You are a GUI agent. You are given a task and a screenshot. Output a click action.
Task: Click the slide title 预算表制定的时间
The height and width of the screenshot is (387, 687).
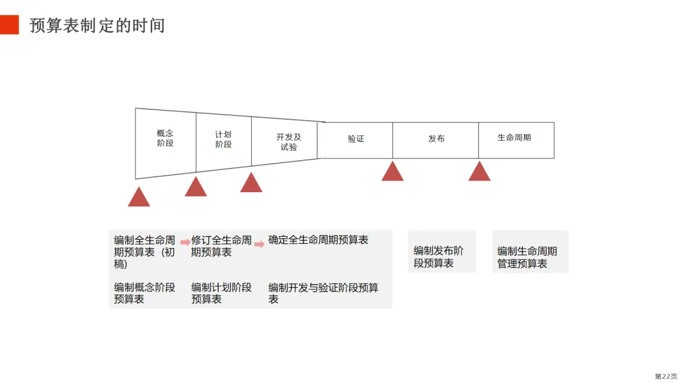point(97,25)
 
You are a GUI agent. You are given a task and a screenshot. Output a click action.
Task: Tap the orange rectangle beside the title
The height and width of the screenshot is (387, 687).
point(10,25)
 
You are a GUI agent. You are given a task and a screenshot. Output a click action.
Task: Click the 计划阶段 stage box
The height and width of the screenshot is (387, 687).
point(223,139)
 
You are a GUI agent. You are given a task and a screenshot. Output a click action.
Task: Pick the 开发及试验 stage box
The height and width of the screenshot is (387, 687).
point(288,142)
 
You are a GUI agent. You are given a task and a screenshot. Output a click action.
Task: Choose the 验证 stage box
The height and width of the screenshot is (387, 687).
point(356,139)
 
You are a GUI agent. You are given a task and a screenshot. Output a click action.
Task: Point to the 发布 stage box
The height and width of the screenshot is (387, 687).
point(436,139)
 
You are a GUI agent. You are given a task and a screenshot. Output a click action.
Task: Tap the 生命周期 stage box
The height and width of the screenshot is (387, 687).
point(515,138)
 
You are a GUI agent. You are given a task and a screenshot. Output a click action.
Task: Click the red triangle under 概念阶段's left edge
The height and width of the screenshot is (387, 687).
point(139,198)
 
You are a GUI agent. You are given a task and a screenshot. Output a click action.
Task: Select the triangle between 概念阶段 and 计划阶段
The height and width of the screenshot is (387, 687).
point(196,188)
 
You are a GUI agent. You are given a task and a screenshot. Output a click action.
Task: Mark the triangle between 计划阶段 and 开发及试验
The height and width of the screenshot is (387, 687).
point(251,183)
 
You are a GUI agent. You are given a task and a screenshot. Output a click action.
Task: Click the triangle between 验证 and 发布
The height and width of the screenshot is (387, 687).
point(392,172)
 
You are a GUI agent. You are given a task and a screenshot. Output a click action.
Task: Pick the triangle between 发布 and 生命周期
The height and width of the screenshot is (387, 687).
point(480,172)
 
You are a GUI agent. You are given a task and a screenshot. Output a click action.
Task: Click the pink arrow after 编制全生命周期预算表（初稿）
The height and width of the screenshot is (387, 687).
point(185,242)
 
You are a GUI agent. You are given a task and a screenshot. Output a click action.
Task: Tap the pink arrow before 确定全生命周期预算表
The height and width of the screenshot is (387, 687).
point(260,244)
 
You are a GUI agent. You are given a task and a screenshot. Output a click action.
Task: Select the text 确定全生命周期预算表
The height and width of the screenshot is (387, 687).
point(318,240)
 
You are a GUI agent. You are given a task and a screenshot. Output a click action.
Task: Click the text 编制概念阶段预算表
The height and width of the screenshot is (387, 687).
point(144,293)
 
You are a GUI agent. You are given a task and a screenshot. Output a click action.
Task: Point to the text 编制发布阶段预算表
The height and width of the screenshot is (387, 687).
point(439,257)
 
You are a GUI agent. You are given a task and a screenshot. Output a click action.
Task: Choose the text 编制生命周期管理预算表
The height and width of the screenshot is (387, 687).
point(527,257)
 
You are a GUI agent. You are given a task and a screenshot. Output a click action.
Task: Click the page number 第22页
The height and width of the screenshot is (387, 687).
point(666,376)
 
